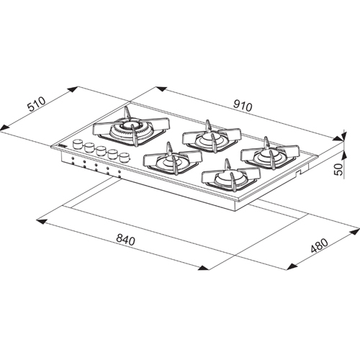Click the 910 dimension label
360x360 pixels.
[243, 107]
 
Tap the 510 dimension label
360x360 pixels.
[37, 104]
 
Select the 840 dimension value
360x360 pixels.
[125, 240]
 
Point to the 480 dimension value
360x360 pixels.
[319, 246]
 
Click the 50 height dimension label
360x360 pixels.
[339, 169]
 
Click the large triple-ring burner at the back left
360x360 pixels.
[131, 130]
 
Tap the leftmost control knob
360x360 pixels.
[77, 145]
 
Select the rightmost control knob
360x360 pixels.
[124, 158]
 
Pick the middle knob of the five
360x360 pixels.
[100, 151]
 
